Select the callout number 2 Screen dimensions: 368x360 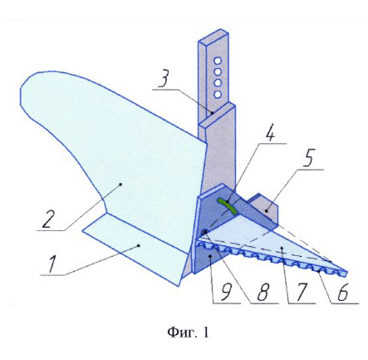pyautogui.click(x=49, y=219)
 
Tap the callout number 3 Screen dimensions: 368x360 pyautogui.click(x=164, y=80)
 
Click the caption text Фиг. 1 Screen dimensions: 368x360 pyautogui.click(x=188, y=333)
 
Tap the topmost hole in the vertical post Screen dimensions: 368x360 pyautogui.click(x=218, y=61)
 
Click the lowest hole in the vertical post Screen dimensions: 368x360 pyautogui.click(x=218, y=95)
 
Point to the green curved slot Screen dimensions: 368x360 pyautogui.click(x=228, y=205)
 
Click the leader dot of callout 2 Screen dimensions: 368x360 pyautogui.click(x=120, y=184)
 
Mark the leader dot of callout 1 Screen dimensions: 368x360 pyautogui.click(x=139, y=245)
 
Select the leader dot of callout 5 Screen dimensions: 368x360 pyautogui.click(x=266, y=211)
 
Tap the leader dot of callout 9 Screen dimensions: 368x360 pyautogui.click(x=211, y=256)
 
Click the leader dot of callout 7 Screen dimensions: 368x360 pyautogui.click(x=282, y=247)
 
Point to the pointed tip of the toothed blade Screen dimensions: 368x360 pyautogui.click(x=347, y=272)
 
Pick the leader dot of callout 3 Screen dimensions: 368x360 pyautogui.click(x=212, y=113)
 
